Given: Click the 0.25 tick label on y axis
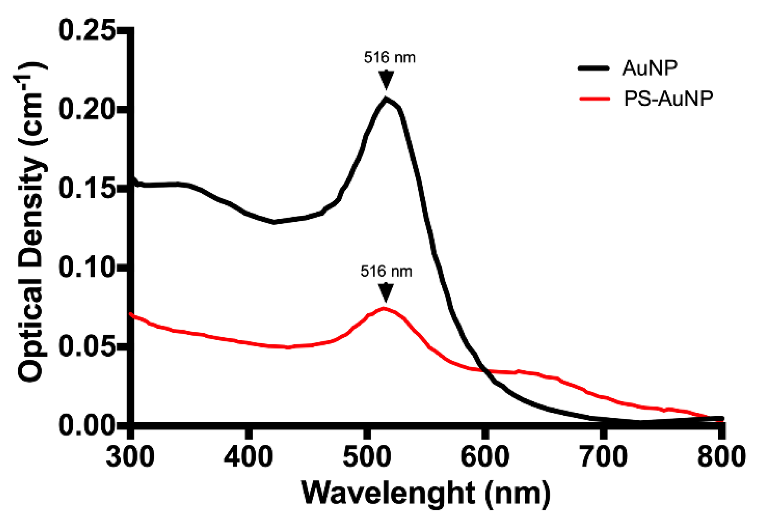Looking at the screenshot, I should [87, 31].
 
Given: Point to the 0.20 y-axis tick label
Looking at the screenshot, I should [87, 110].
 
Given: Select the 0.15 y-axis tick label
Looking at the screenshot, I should [87, 189].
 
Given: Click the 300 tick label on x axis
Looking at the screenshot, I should [130, 457].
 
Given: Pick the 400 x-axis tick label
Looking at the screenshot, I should [248, 457].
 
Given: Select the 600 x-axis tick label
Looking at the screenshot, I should [485, 457].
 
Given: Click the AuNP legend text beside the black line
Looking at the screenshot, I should [650, 68].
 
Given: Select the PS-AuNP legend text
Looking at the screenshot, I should [668, 99].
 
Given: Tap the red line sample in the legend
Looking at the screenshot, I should [595, 99].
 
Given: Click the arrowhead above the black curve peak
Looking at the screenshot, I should [386, 80].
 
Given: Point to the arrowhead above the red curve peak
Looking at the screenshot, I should [386, 292].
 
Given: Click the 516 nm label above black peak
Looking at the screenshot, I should [389, 58].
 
